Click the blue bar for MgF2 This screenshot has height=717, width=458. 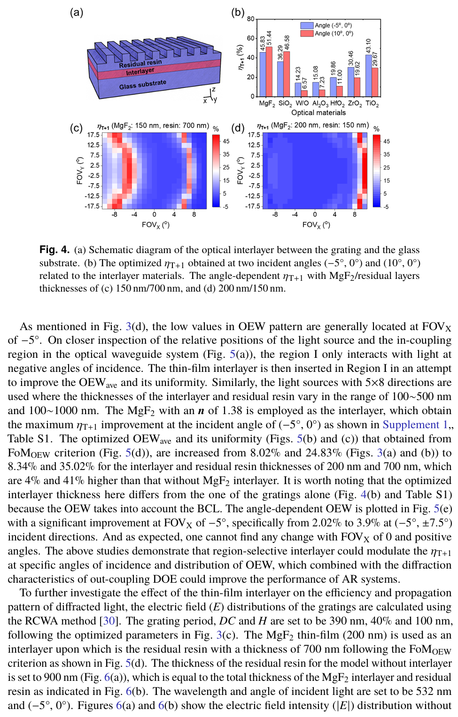pos(263,74)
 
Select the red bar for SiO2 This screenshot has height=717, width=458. pos(287,74)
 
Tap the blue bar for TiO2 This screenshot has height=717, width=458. pos(369,75)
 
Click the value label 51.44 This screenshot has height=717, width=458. pos(269,38)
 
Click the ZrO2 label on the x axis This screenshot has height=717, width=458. pos(354,103)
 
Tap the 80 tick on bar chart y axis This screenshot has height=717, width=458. pos(251,19)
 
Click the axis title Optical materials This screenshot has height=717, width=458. pos(318,113)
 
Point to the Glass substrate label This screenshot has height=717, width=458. pos(142,85)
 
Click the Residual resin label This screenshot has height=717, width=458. pos(140,63)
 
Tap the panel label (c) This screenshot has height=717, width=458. pos(76,128)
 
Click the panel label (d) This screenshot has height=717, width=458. pos(238,128)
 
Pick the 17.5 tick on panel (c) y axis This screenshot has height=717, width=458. pos(93,135)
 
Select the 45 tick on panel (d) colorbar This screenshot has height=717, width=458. pos(387,141)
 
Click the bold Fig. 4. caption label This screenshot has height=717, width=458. pos(54,250)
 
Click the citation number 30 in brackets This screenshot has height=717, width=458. pos(109,621)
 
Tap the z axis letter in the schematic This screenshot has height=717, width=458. pos(214,89)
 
